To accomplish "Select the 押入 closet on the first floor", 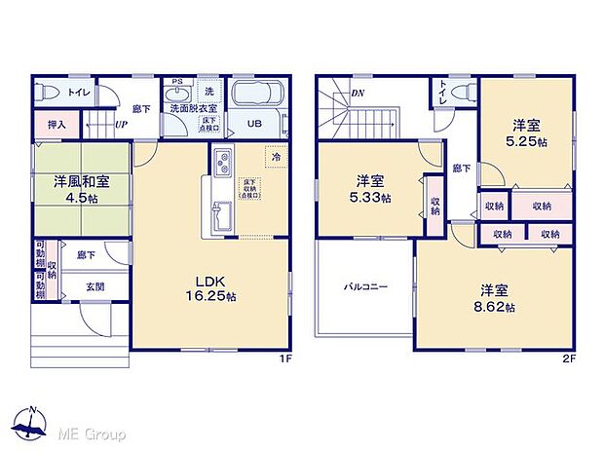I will tap(56, 125).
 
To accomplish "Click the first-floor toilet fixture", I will tap(51, 93).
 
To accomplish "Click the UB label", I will tap(253, 125).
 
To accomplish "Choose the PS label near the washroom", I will tap(176, 83).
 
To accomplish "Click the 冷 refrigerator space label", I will tap(276, 157).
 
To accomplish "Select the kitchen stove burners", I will tap(220, 161).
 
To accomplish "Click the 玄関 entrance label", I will tap(95, 285).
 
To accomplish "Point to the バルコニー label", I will tap(365, 288).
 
